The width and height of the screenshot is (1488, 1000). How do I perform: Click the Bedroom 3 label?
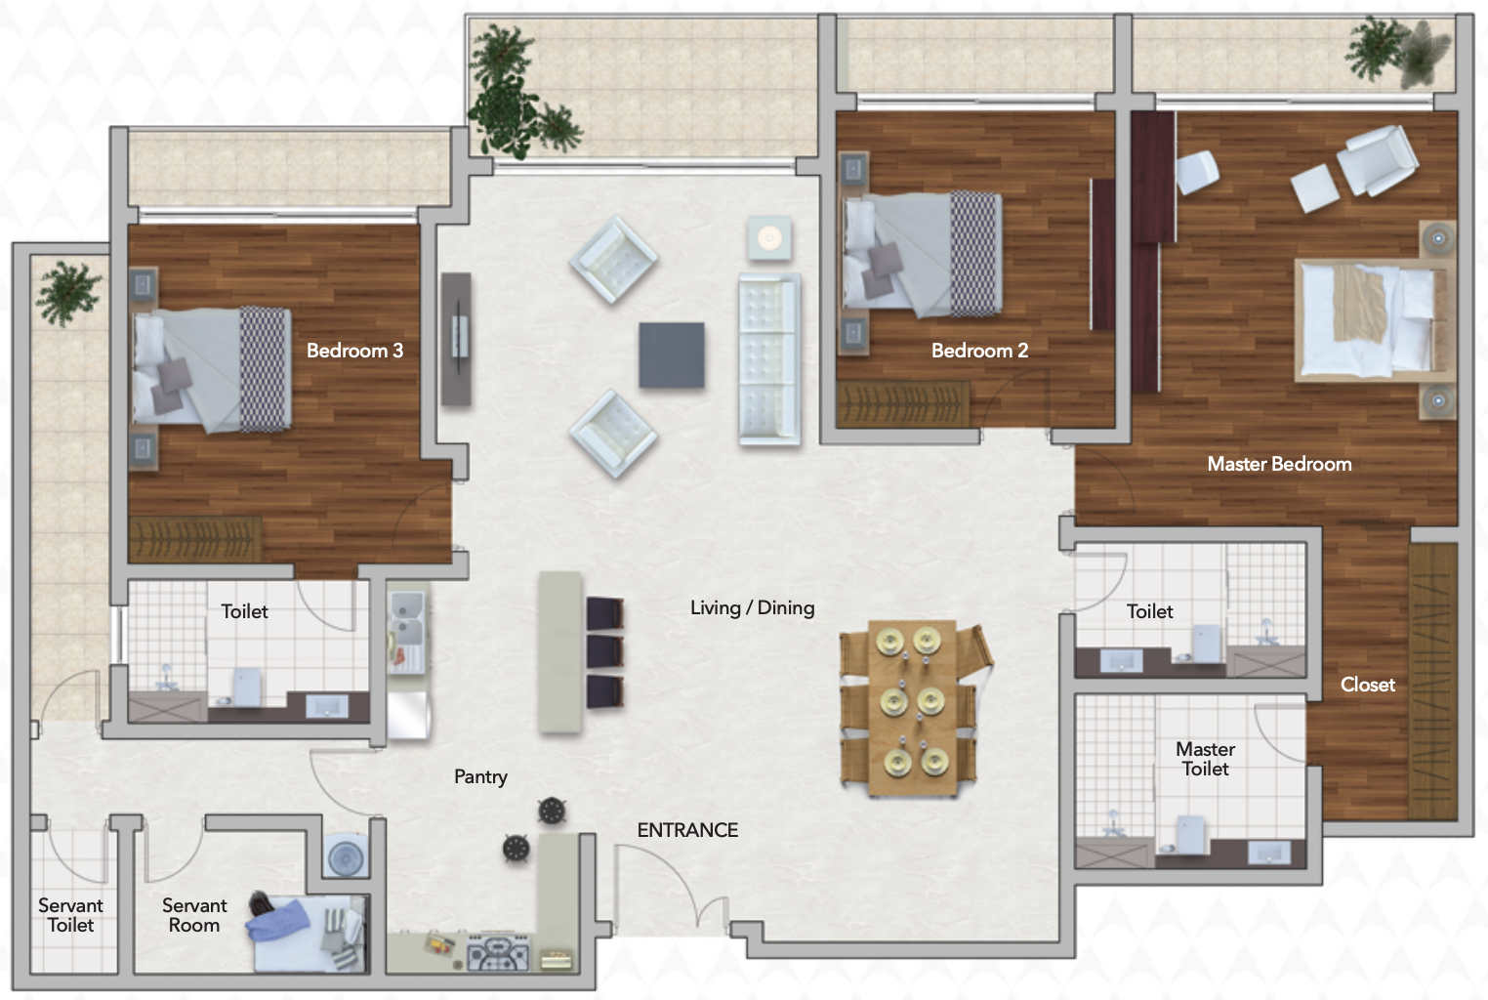click(x=354, y=351)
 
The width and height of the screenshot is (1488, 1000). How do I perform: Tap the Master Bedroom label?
click(x=1279, y=464)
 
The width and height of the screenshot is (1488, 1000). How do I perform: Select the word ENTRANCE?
click(x=687, y=830)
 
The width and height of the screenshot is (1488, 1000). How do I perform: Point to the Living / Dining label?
click(x=752, y=608)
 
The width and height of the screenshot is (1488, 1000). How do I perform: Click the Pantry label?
click(x=481, y=776)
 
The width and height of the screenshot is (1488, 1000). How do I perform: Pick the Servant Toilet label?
click(x=70, y=915)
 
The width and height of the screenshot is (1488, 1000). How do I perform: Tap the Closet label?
click(x=1368, y=685)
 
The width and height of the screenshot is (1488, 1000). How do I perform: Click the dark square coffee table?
click(x=672, y=354)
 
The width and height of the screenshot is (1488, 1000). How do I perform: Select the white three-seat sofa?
click(x=769, y=358)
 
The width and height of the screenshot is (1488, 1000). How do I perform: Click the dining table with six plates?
click(x=913, y=708)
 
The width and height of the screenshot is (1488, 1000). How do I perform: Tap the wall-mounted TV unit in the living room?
click(x=456, y=339)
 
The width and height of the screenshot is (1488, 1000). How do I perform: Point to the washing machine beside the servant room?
click(x=346, y=855)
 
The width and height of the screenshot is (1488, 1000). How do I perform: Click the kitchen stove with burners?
click(x=499, y=951)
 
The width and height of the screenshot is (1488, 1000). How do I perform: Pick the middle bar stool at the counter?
click(x=605, y=651)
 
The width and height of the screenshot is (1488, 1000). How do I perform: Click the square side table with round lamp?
click(x=769, y=238)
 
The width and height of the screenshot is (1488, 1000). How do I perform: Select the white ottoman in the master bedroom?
click(x=1315, y=188)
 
